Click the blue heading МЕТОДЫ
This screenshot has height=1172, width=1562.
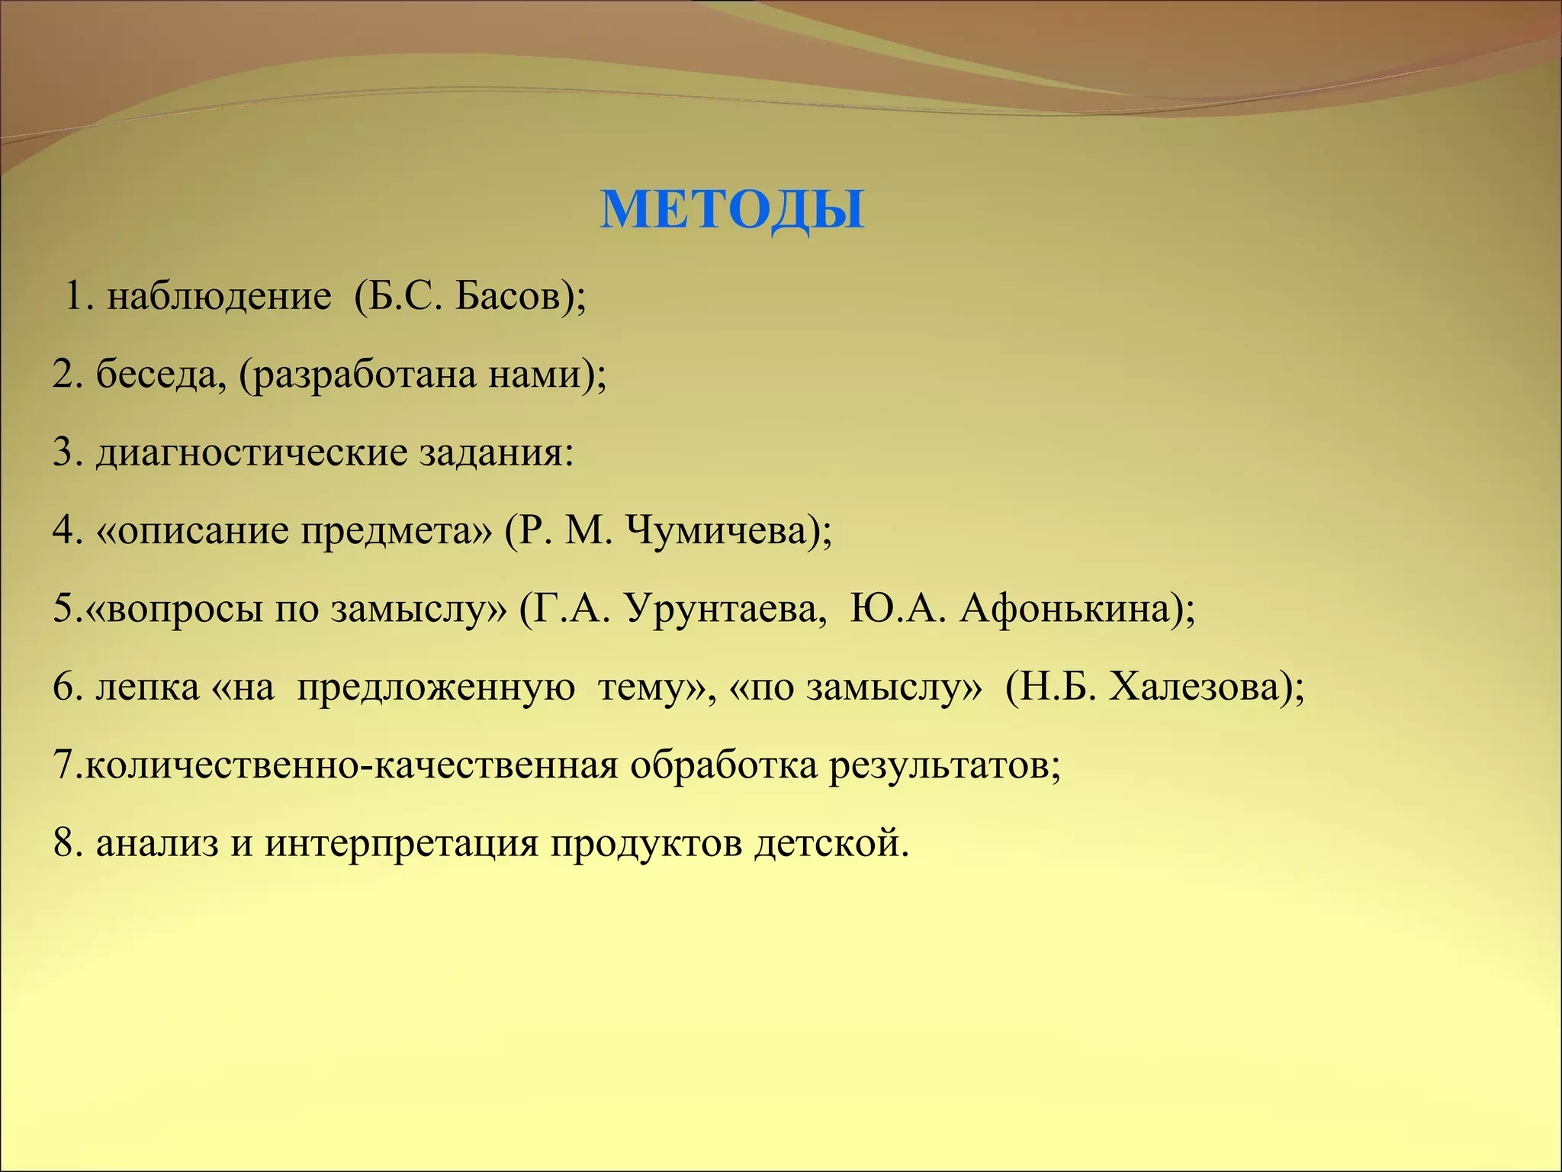[x=732, y=209]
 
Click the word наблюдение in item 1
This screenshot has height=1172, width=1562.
[x=219, y=297]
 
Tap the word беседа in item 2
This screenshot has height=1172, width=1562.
[x=159, y=375]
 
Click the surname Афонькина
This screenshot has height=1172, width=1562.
[x=1064, y=610]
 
